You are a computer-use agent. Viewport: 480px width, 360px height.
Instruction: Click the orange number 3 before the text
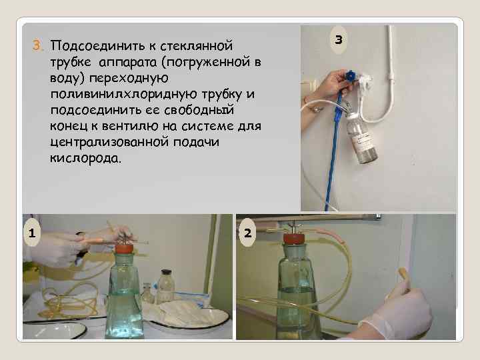point(37,45)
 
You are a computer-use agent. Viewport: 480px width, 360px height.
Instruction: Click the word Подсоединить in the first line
point(97,45)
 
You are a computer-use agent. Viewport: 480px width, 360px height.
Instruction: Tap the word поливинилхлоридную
point(124,94)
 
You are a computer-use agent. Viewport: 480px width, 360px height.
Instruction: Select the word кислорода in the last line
point(85,159)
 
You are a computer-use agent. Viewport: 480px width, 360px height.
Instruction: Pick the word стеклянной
point(196,45)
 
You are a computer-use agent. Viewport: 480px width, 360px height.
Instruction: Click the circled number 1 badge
point(31,233)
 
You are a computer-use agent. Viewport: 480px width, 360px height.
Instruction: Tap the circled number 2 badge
point(247,233)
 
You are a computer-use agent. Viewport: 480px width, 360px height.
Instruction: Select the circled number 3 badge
point(338,40)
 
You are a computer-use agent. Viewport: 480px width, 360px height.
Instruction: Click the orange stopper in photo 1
point(125,248)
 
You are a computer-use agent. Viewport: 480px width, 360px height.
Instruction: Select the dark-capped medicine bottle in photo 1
point(165,286)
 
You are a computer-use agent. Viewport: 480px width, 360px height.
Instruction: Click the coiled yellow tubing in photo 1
point(71,300)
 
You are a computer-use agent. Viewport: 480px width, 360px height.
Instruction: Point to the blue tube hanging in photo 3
point(334,150)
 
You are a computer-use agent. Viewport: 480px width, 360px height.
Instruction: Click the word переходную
point(129,78)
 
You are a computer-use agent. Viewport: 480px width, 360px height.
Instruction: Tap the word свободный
point(199,110)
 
